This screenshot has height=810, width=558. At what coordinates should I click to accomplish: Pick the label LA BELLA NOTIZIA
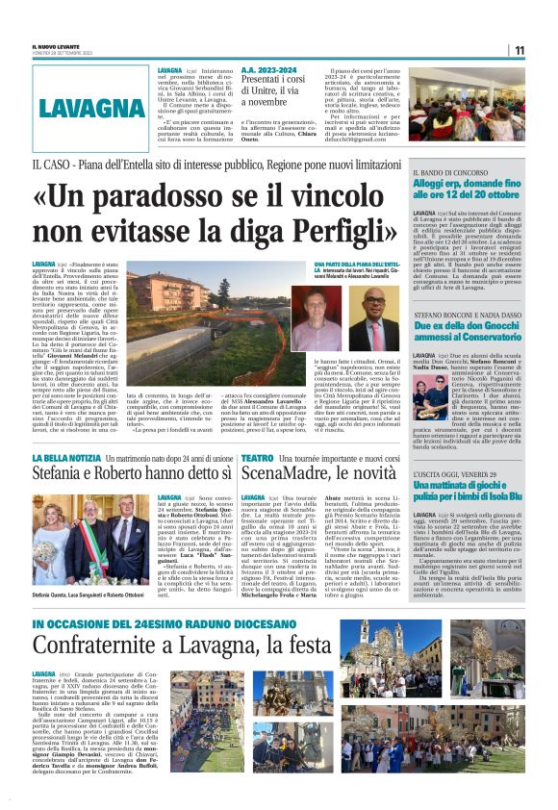[x=69, y=458]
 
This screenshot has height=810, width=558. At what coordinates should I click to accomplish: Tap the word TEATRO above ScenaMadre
[x=257, y=458]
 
